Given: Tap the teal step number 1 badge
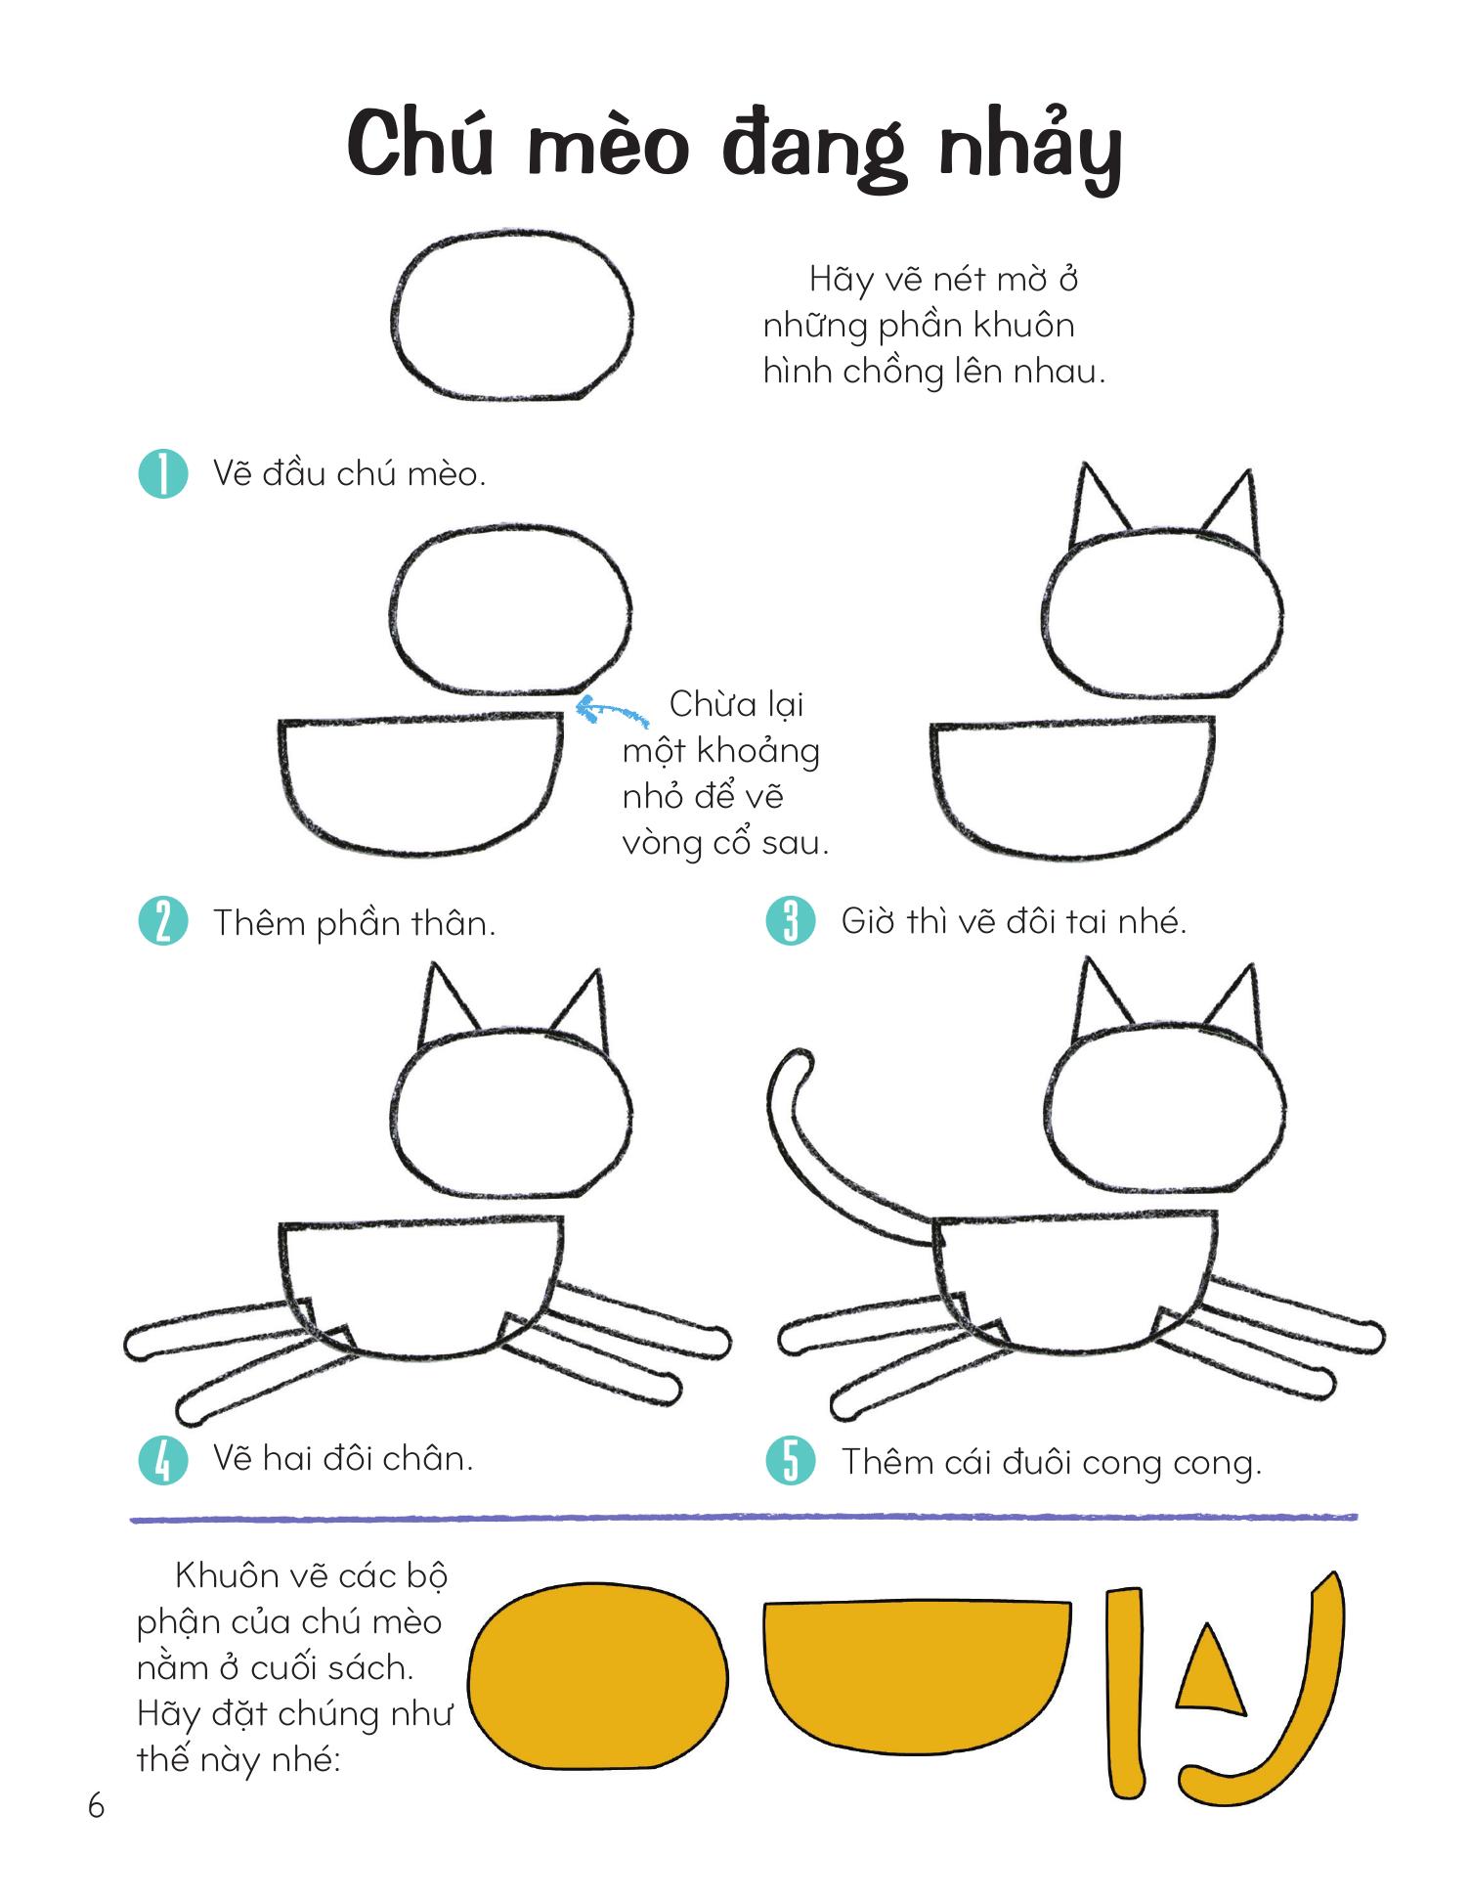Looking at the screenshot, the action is pyautogui.click(x=163, y=474).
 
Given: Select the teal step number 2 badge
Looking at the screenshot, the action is pyautogui.click(x=163, y=922).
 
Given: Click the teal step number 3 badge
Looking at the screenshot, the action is pyautogui.click(x=790, y=921).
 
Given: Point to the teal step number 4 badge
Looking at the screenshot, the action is pyautogui.click(x=163, y=1459).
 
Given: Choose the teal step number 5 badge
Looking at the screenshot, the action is pyautogui.click(x=790, y=1461).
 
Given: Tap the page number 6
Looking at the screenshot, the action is pyautogui.click(x=96, y=1805).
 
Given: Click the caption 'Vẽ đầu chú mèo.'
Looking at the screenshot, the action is pyautogui.click(x=349, y=474).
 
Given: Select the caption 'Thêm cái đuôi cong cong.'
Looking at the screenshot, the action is pyautogui.click(x=1052, y=1463).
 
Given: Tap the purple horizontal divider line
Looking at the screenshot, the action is pyautogui.click(x=744, y=1518).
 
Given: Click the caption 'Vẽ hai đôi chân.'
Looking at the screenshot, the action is pyautogui.click(x=343, y=1459).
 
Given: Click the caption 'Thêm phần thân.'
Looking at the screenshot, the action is pyautogui.click(x=355, y=923).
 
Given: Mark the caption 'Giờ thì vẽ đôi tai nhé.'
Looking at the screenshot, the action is pyautogui.click(x=1014, y=921).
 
